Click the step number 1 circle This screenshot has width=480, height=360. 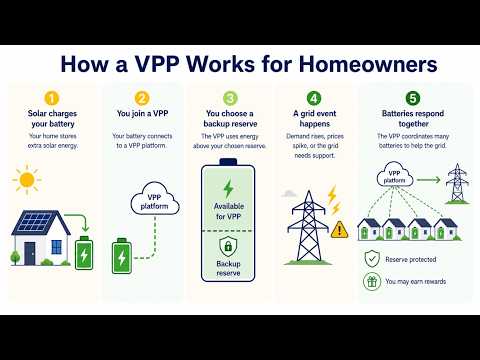(x=52, y=99)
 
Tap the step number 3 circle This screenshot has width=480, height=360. (x=230, y=98)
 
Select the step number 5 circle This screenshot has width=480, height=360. (x=413, y=98)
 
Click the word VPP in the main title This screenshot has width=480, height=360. (x=157, y=64)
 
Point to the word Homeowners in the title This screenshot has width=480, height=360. (x=368, y=64)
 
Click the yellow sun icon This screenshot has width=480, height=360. (x=27, y=180)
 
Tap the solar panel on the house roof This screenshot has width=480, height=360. (x=35, y=223)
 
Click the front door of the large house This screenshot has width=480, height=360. (x=29, y=253)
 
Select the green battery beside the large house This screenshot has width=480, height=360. (x=84, y=253)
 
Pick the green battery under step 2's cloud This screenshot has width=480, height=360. (x=122, y=256)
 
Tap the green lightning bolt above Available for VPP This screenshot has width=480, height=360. (x=229, y=189)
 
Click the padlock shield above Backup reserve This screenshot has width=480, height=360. (x=228, y=247)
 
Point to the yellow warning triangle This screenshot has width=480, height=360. (x=339, y=230)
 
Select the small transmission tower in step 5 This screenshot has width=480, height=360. (x=457, y=183)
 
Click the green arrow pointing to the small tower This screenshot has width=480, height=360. (x=429, y=180)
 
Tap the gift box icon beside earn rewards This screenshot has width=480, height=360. (x=372, y=282)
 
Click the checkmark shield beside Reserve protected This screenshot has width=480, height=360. (x=372, y=259)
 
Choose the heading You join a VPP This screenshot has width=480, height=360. (x=142, y=114)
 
